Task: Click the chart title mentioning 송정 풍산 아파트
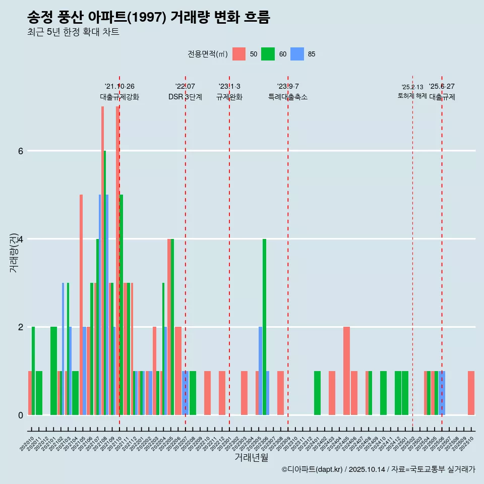(x=149, y=18)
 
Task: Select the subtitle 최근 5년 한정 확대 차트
(x=73, y=32)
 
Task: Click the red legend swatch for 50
(x=239, y=54)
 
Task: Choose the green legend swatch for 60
(x=268, y=54)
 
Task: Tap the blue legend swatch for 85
(x=297, y=54)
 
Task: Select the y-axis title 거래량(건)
(x=14, y=246)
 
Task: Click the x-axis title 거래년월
(x=251, y=457)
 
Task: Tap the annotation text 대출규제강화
(x=119, y=97)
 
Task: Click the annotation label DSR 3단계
(x=185, y=97)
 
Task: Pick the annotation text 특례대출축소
(x=287, y=97)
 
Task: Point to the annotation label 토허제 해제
(x=412, y=95)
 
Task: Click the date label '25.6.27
(x=442, y=86)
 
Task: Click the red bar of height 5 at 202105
(x=81, y=305)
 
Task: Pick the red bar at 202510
(x=471, y=393)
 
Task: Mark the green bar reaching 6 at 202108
(x=105, y=282)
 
